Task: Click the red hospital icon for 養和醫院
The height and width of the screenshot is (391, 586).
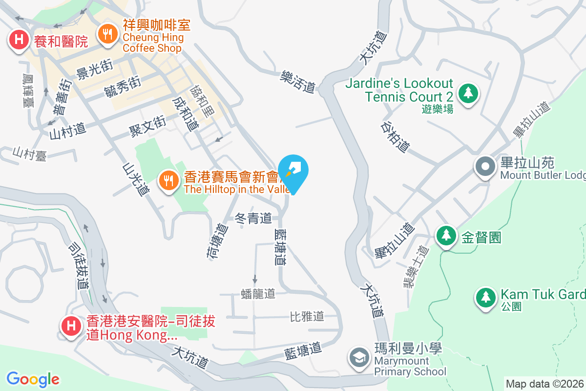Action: tap(19, 39)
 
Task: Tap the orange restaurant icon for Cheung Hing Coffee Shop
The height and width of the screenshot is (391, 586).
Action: tap(106, 34)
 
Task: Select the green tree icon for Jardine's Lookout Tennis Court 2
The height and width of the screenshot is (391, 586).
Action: tap(468, 92)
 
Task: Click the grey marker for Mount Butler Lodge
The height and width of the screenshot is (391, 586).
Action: tap(485, 167)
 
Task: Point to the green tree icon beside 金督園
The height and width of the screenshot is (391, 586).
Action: tap(445, 236)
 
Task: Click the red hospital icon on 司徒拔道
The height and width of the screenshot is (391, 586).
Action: tap(71, 325)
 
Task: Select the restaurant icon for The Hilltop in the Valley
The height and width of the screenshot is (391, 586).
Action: tap(168, 180)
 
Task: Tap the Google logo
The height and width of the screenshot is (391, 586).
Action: tap(33, 379)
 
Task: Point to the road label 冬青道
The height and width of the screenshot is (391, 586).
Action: tap(253, 218)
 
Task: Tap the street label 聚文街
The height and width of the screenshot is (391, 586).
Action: tap(147, 126)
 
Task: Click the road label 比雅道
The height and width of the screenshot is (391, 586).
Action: tap(307, 316)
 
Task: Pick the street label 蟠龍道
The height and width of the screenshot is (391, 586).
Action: tap(258, 293)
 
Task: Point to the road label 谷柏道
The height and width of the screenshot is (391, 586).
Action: tap(395, 136)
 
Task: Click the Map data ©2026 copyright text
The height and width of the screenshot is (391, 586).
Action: tap(544, 384)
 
